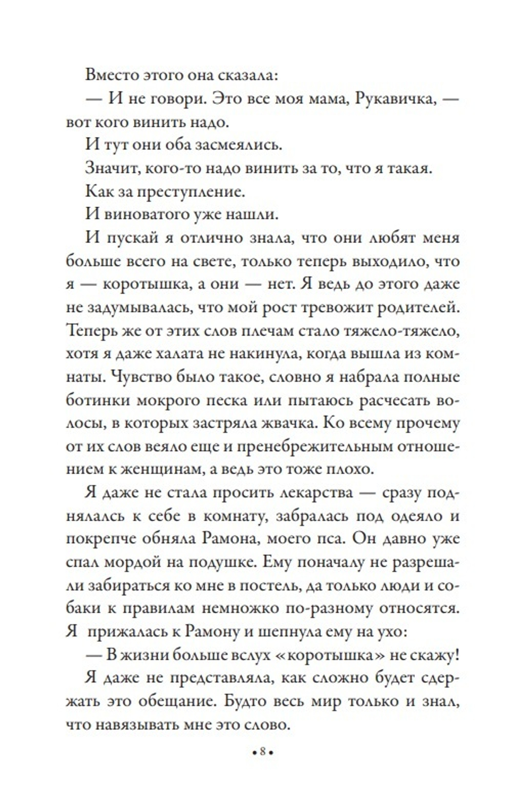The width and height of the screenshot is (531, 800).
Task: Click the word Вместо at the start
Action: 107,74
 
